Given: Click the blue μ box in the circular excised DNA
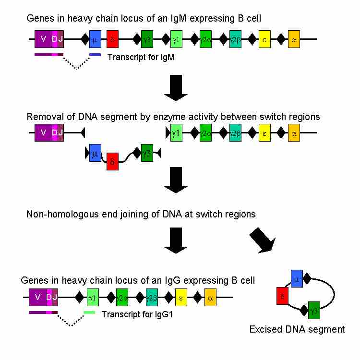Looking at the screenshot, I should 297,278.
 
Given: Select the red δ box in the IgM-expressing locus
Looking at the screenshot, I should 112,39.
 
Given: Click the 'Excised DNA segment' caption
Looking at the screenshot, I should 297,330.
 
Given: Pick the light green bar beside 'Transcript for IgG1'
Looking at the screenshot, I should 89,312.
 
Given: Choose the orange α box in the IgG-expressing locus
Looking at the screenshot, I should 210,298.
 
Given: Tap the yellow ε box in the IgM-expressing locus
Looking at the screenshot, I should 264,39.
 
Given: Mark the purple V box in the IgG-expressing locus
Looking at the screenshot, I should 37,298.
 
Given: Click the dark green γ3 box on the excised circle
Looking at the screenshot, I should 314,311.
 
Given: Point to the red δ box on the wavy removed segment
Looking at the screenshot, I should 112,161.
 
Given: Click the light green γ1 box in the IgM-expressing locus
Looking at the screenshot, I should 176,39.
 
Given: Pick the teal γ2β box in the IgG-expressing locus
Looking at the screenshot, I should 152,298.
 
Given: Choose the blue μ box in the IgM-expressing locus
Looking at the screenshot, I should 95,39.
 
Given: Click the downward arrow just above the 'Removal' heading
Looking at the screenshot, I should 176,90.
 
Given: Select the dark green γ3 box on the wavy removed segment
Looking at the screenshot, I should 147,153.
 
